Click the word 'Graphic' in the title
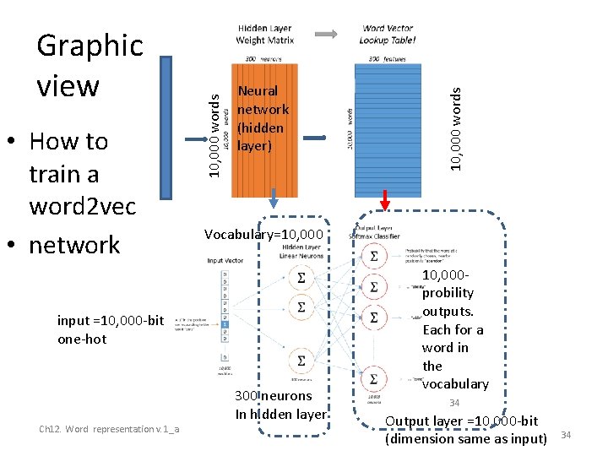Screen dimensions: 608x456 (x=90, y=46)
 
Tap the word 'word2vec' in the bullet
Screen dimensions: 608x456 (x=82, y=207)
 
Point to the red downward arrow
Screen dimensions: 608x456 (x=385, y=200)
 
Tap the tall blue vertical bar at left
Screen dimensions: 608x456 (x=166, y=117)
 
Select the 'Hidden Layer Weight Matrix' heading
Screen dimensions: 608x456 (x=264, y=35)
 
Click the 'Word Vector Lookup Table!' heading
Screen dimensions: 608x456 (x=388, y=35)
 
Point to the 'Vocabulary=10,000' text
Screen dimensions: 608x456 (x=263, y=234)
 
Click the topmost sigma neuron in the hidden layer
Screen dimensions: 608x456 (x=301, y=277)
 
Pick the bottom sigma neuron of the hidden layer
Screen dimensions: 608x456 (x=301, y=361)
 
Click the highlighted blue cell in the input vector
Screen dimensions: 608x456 (x=224, y=322)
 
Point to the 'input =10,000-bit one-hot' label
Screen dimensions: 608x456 (x=105, y=330)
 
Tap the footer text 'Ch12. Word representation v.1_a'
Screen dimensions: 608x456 (x=109, y=430)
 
